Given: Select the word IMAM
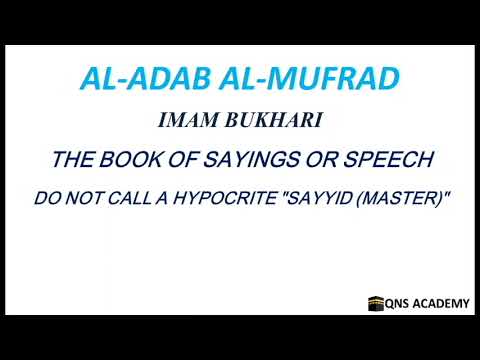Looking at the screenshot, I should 186,121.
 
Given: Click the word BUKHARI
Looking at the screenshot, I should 266,121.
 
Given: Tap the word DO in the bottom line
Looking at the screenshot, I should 47,199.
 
